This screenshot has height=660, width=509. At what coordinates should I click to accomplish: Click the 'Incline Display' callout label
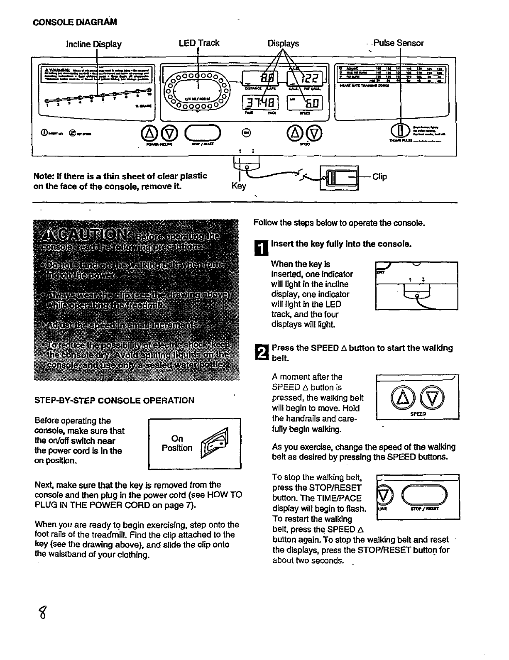[94, 44]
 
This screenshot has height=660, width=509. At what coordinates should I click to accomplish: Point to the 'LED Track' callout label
[199, 43]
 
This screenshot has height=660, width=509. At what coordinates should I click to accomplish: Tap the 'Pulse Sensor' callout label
[398, 43]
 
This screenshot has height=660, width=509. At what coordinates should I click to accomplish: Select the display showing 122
[307, 78]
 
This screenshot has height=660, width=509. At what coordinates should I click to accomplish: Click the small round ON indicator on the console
[247, 132]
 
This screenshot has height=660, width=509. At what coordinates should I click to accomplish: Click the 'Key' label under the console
[239, 186]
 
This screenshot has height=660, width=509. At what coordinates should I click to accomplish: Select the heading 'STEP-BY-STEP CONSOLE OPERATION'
[114, 401]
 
